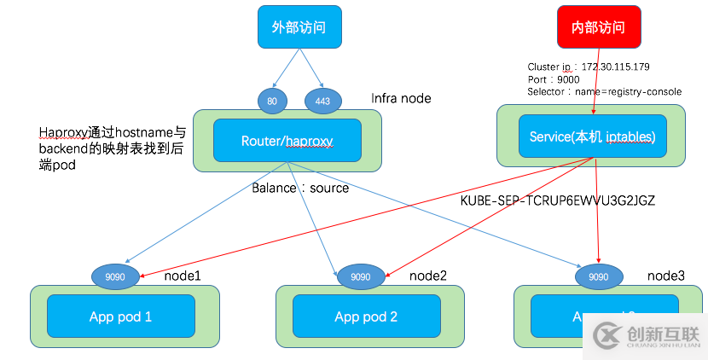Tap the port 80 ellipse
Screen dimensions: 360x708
coord(271,101)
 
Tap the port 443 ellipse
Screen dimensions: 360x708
coord(322,101)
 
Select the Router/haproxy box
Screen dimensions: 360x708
coord(287,139)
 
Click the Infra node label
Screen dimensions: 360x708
coord(401,98)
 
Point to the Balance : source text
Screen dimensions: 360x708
coord(299,188)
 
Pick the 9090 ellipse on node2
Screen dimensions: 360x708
coord(361,276)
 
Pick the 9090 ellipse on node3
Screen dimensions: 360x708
coord(600,276)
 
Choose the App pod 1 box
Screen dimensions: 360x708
coord(120,316)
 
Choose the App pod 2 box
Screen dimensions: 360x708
coord(366,316)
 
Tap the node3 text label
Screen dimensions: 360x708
coord(666,275)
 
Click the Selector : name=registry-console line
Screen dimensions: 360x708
coord(604,91)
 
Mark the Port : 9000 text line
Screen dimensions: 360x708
coord(554,78)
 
